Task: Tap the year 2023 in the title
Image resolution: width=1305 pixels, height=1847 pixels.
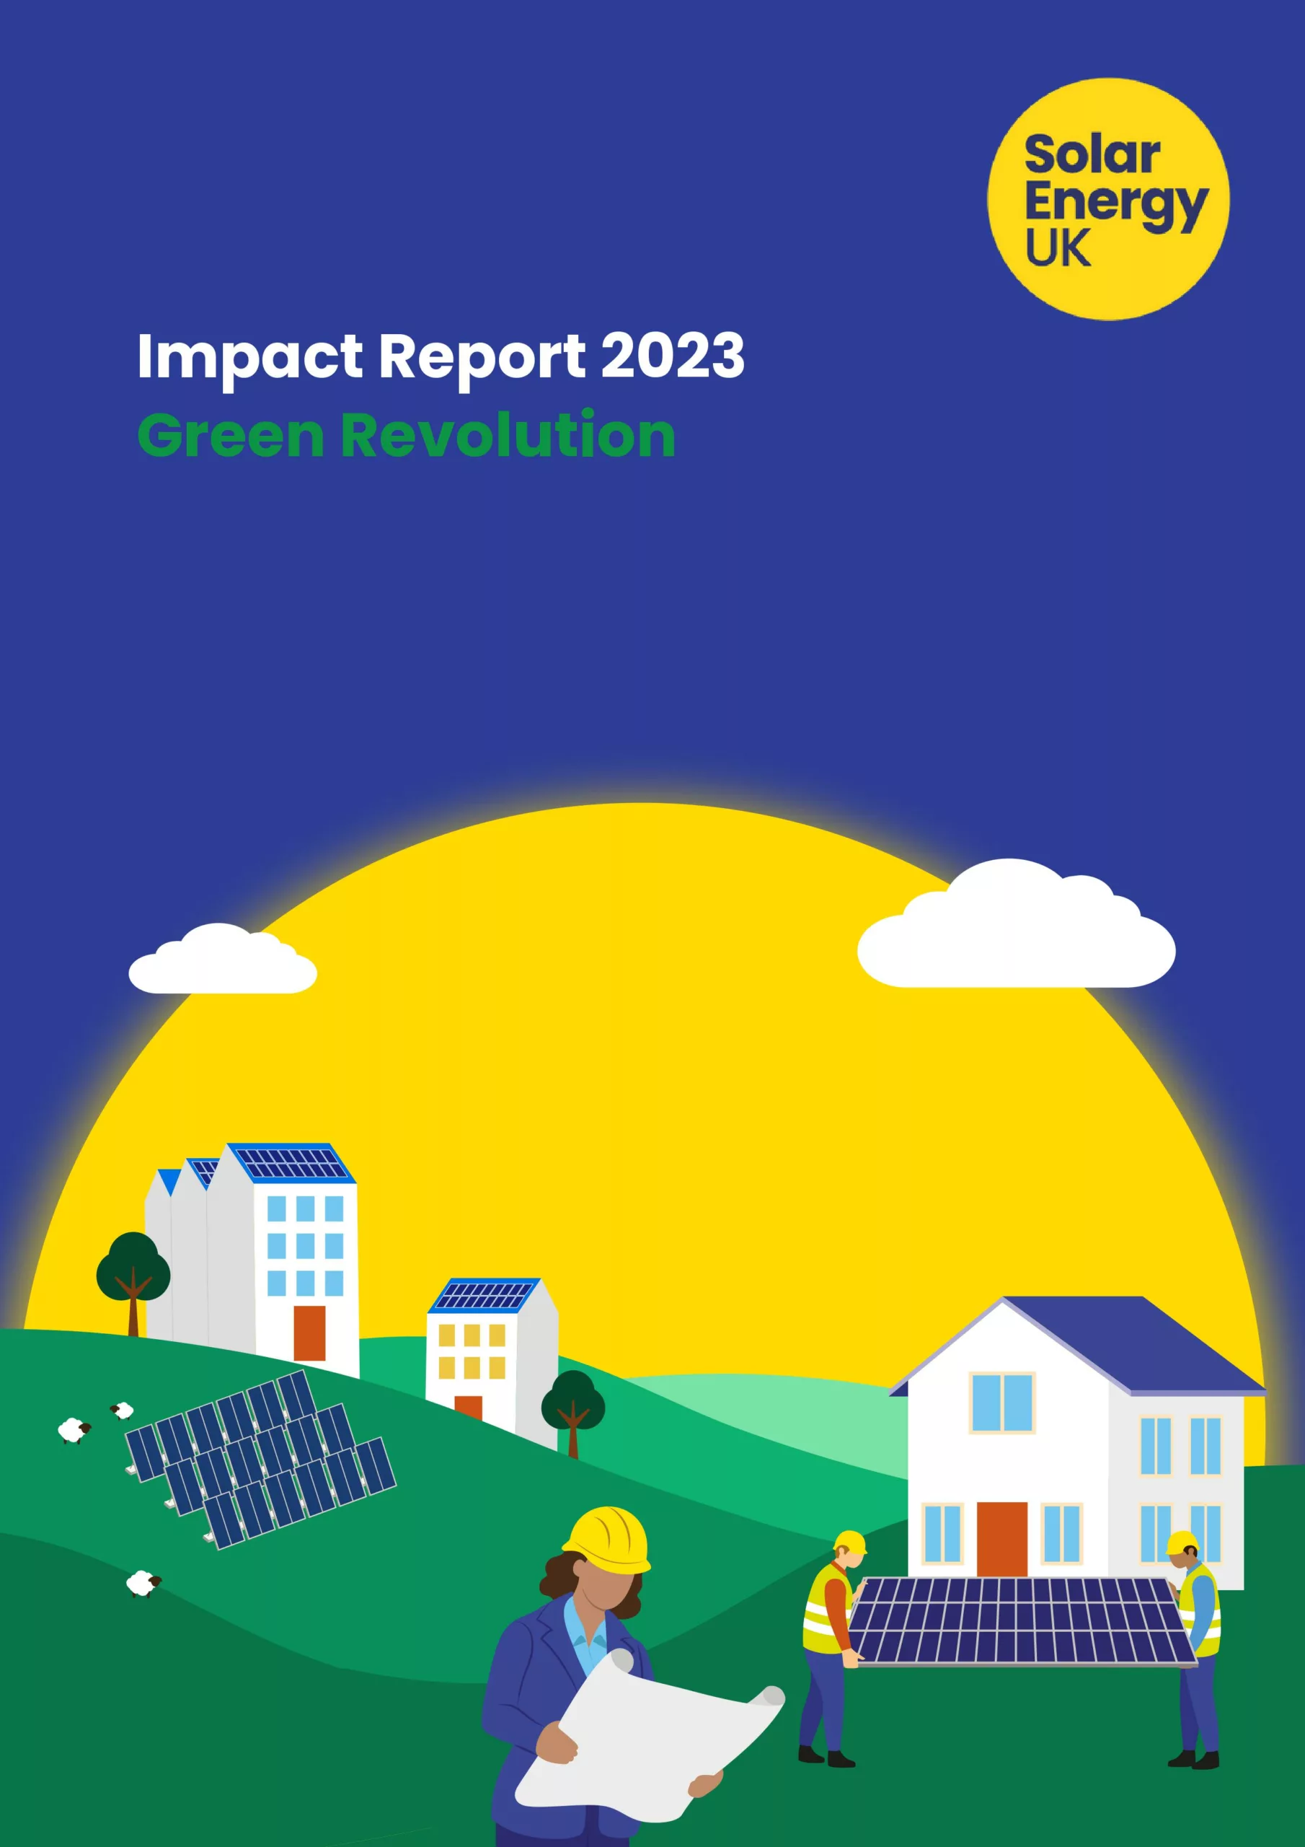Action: click(x=672, y=355)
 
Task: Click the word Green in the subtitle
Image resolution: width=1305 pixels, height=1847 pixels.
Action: click(x=231, y=435)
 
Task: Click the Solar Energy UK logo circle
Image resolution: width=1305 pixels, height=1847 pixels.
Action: click(x=1108, y=198)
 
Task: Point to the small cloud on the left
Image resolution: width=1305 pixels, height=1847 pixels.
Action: click(x=223, y=960)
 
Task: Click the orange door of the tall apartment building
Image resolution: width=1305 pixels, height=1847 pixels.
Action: click(x=309, y=1333)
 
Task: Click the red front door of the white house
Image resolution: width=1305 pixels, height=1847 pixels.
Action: click(x=1002, y=1539)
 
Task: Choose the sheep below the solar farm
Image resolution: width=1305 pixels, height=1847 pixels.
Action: click(x=144, y=1583)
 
